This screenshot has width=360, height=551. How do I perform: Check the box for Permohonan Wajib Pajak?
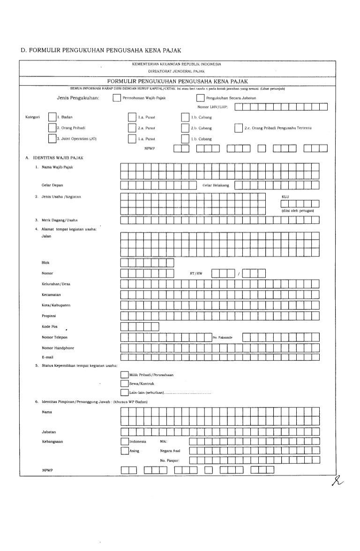point(117,98)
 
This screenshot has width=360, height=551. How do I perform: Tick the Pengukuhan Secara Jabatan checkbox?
point(200,98)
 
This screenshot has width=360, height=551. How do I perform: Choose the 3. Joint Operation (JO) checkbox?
point(52,139)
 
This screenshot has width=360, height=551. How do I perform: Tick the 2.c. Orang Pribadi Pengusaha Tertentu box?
point(239,128)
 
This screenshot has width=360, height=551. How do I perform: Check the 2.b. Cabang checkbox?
point(185,128)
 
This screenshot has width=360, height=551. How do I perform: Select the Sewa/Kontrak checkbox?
point(124,384)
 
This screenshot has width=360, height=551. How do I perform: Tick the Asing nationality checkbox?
point(124,451)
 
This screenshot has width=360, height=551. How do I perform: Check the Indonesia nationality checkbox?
point(124,442)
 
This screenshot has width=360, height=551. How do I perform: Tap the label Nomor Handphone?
point(58,348)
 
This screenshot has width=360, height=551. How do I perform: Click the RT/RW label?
point(195,273)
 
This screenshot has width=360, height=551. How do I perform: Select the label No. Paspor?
point(170,460)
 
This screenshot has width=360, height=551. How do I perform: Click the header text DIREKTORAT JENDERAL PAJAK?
point(176,71)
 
